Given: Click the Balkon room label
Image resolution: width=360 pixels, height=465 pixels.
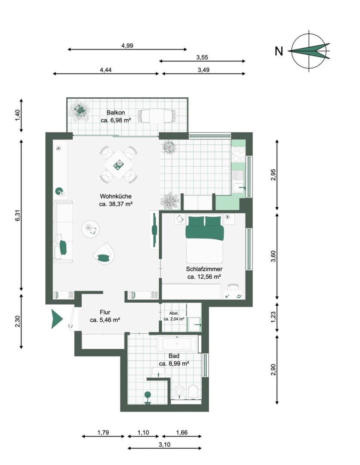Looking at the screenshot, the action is click(116, 113).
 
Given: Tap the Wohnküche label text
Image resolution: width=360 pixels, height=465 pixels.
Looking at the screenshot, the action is click(116, 196).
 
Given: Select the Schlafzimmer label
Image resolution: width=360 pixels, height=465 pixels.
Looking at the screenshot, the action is click(204, 269).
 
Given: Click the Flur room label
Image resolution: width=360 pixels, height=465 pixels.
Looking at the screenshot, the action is click(105, 312).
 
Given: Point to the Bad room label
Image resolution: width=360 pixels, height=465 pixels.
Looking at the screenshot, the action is click(174, 356).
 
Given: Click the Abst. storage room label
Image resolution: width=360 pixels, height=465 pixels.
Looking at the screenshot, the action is click(174, 313).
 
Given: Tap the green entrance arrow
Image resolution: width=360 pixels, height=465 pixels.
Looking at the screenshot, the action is click(57, 319).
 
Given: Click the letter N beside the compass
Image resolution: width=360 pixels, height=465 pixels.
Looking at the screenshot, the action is click(279, 51).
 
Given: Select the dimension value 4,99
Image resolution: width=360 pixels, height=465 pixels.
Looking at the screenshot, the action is click(127, 46).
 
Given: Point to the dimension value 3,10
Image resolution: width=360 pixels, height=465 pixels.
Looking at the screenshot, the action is click(165, 444).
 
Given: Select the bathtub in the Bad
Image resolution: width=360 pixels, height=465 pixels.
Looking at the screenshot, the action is click(177, 344).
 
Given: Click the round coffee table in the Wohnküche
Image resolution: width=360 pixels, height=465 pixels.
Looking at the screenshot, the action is click(90, 229).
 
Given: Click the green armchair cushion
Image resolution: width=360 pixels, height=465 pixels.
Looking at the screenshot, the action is click(103, 258).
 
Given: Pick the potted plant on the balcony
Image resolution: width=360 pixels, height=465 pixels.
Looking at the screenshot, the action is click(80, 111).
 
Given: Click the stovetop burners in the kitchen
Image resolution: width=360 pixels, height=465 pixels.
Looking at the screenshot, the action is click(239, 154).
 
